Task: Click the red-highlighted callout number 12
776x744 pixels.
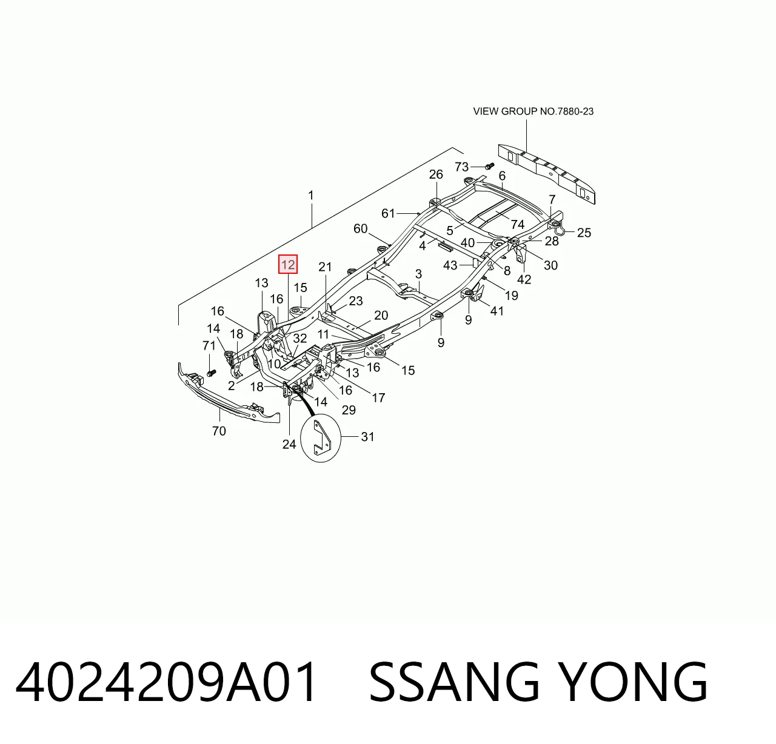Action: point(287,264)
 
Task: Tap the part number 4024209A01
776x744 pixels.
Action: point(166,682)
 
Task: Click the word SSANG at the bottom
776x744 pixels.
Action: point(455,682)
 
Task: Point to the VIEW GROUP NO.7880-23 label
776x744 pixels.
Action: point(533,111)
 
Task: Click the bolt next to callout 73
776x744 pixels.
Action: point(489,165)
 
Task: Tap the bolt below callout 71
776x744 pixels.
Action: point(212,373)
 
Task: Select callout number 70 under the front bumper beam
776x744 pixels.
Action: point(219,431)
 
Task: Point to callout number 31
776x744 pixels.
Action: point(367,437)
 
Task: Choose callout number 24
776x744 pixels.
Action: point(289,444)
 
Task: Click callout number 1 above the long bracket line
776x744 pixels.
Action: point(310,196)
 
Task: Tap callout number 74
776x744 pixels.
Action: point(517,224)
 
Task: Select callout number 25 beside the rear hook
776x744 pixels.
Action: point(584,233)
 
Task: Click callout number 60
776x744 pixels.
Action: point(360,229)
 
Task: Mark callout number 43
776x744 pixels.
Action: point(450,265)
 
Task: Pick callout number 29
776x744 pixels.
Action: point(349,410)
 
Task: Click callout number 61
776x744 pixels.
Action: point(388,214)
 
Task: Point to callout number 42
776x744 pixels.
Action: point(524,279)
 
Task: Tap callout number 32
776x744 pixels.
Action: point(300,338)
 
